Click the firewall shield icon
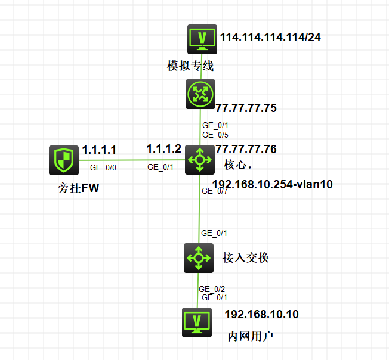click(x=64, y=160)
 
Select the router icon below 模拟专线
click(x=200, y=94)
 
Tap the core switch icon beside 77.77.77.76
click(x=200, y=160)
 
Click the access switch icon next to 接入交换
click(x=199, y=258)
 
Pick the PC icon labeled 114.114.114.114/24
click(x=202, y=39)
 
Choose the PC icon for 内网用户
click(x=197, y=322)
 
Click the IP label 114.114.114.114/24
click(x=270, y=37)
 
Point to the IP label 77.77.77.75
click(x=246, y=108)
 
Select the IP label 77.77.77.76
click(x=246, y=149)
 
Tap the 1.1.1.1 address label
click(x=99, y=150)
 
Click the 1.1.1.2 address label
click(x=164, y=148)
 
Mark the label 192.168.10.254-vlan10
click(x=273, y=184)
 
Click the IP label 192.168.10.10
click(x=262, y=315)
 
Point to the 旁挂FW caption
click(x=78, y=188)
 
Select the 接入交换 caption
click(x=246, y=257)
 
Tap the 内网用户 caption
click(x=251, y=337)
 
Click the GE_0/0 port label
click(x=103, y=167)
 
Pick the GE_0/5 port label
click(x=215, y=135)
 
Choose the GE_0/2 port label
click(x=212, y=289)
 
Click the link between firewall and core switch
click(x=132, y=160)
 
